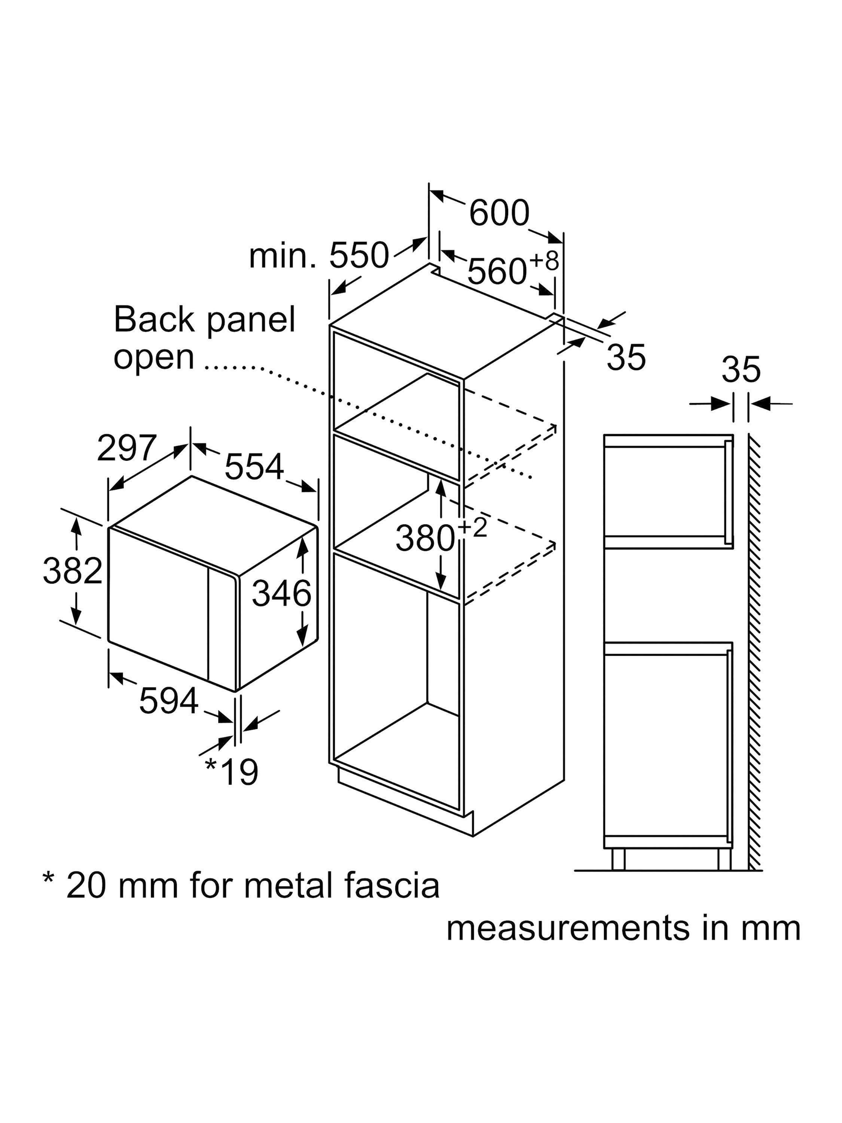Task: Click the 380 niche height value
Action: [425, 539]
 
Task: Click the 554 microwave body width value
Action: [254, 466]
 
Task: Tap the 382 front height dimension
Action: [73, 570]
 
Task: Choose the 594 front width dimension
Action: [168, 701]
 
